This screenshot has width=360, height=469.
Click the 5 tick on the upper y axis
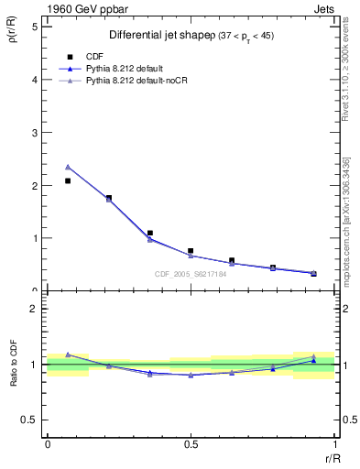point(34,27)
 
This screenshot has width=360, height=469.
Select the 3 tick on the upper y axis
point(34,132)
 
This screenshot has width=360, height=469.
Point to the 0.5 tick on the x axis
point(191,445)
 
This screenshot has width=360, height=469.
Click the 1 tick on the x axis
point(333,445)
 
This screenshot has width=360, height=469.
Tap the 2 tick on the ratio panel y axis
point(34,309)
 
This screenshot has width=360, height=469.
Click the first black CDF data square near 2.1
point(68,180)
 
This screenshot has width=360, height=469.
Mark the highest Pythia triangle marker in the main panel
point(68,167)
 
